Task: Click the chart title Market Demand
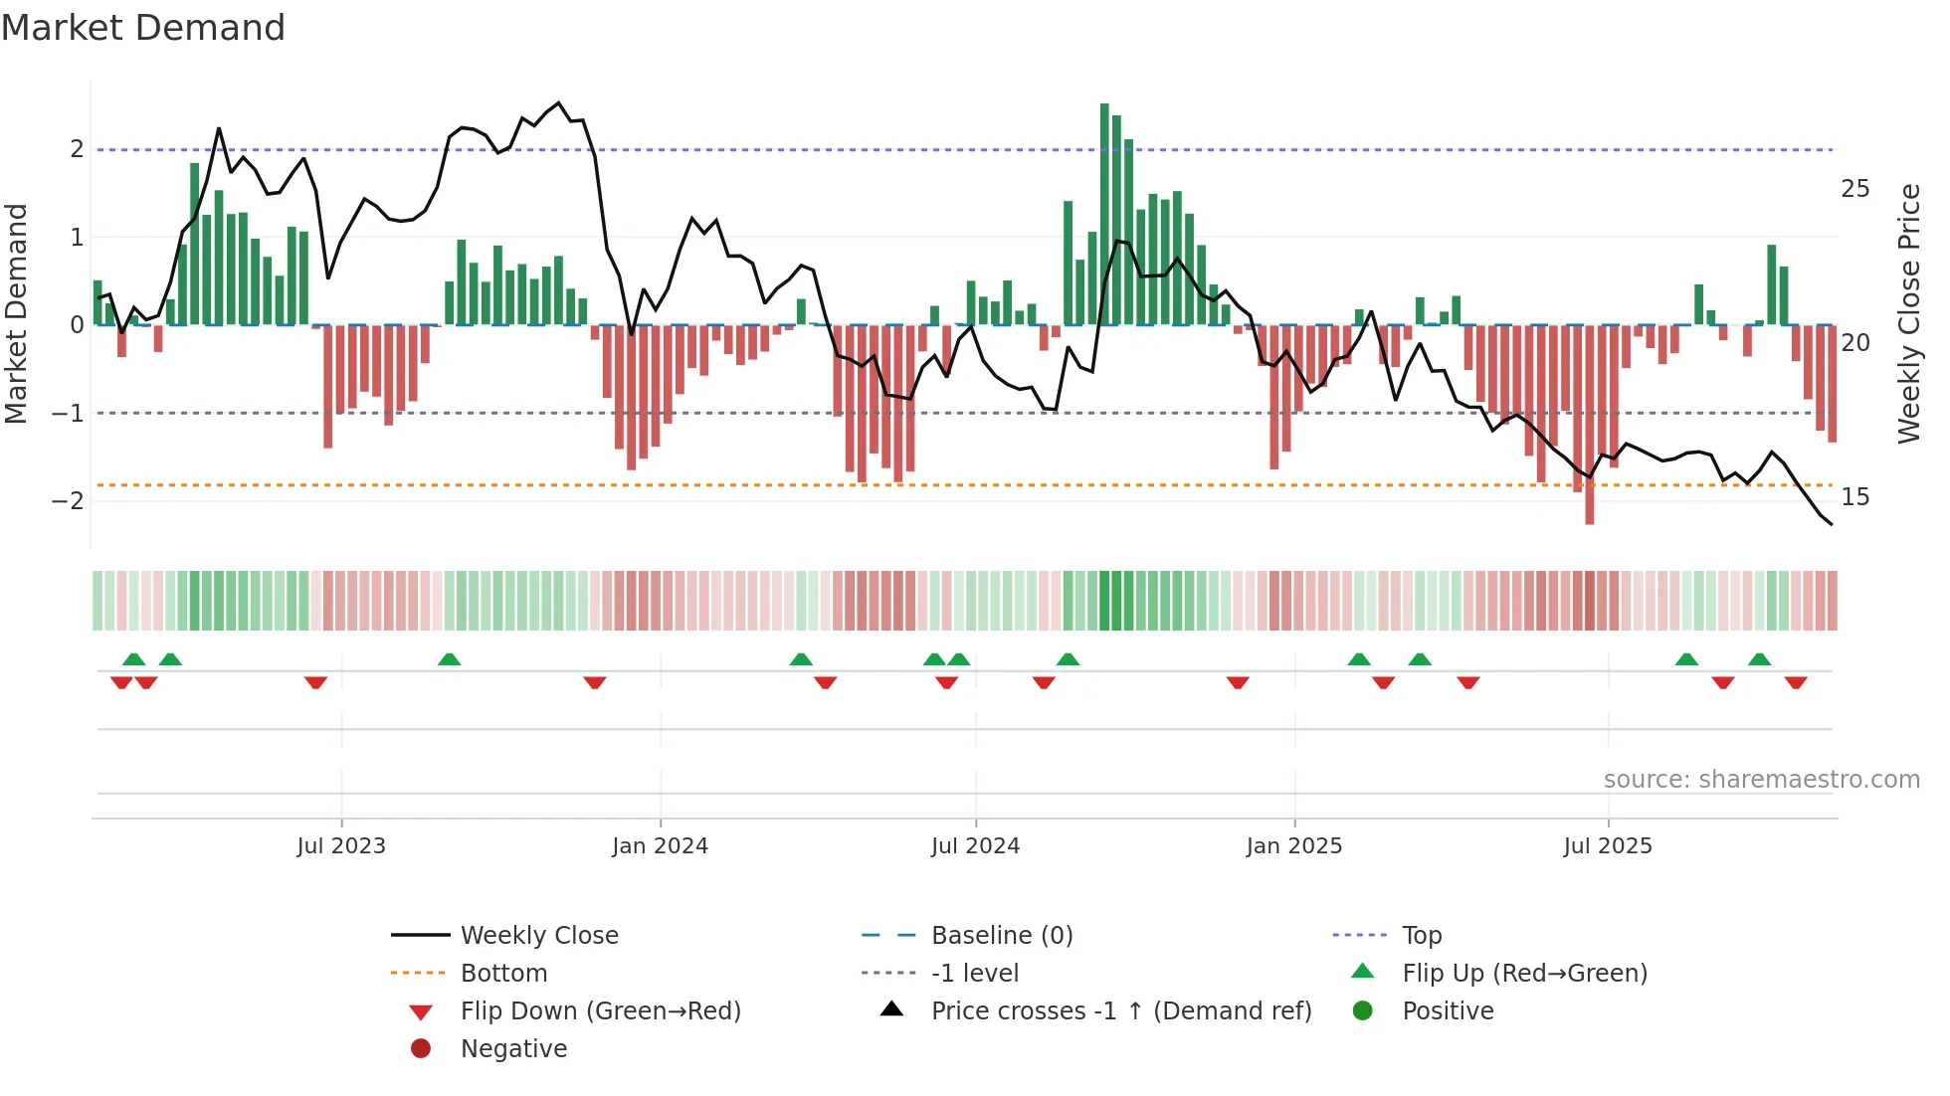143,28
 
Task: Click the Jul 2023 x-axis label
341,846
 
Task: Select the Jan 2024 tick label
660,846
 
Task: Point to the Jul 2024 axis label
975,846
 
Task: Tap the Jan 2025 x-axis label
1293,846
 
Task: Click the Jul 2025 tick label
1607,846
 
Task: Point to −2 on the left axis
68,500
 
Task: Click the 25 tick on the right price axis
1854,189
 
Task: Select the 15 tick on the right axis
1854,497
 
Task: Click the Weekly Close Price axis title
1908,313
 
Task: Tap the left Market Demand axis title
16,313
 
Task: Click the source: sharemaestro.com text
1761,780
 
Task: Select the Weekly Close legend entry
538,936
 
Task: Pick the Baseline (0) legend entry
1001,936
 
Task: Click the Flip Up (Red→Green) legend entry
1524,974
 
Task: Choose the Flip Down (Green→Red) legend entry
600,1011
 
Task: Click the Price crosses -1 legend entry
1120,1011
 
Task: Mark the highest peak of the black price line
558,103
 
